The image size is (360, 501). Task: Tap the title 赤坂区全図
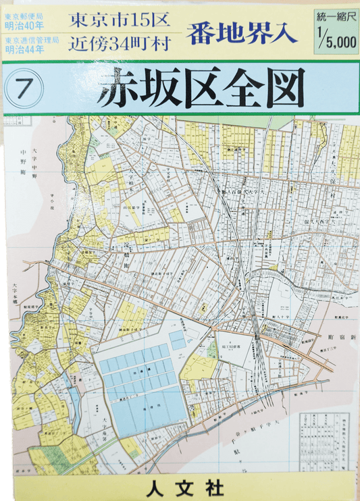[x=201, y=88]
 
